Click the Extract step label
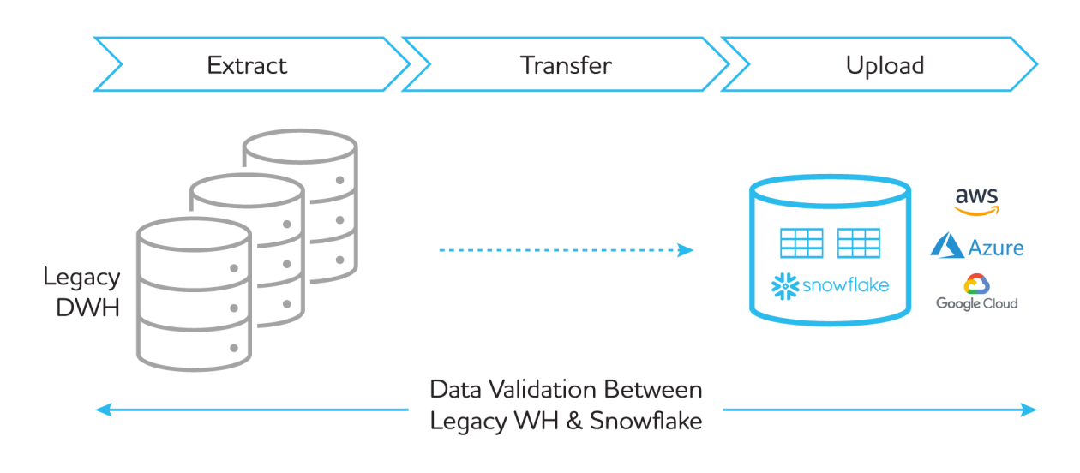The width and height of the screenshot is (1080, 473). pos(247,65)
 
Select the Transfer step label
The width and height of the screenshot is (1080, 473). pos(566,65)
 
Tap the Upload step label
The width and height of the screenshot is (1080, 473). pos(885,65)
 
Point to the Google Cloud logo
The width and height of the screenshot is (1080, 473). pos(976,292)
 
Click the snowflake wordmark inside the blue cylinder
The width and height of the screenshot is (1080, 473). pos(845,285)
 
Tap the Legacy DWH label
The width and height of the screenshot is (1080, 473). pos(82,292)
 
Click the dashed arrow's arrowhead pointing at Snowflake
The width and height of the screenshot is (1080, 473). pos(686,250)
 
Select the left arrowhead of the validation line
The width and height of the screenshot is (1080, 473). pos(103,410)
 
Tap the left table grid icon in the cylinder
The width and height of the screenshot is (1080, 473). pos(801,243)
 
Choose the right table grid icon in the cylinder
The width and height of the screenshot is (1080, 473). pos(858,243)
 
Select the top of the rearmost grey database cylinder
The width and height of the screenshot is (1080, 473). pos(299,147)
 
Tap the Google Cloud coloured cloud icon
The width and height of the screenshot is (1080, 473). pos(976,284)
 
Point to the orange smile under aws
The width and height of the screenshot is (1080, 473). pos(978,211)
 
